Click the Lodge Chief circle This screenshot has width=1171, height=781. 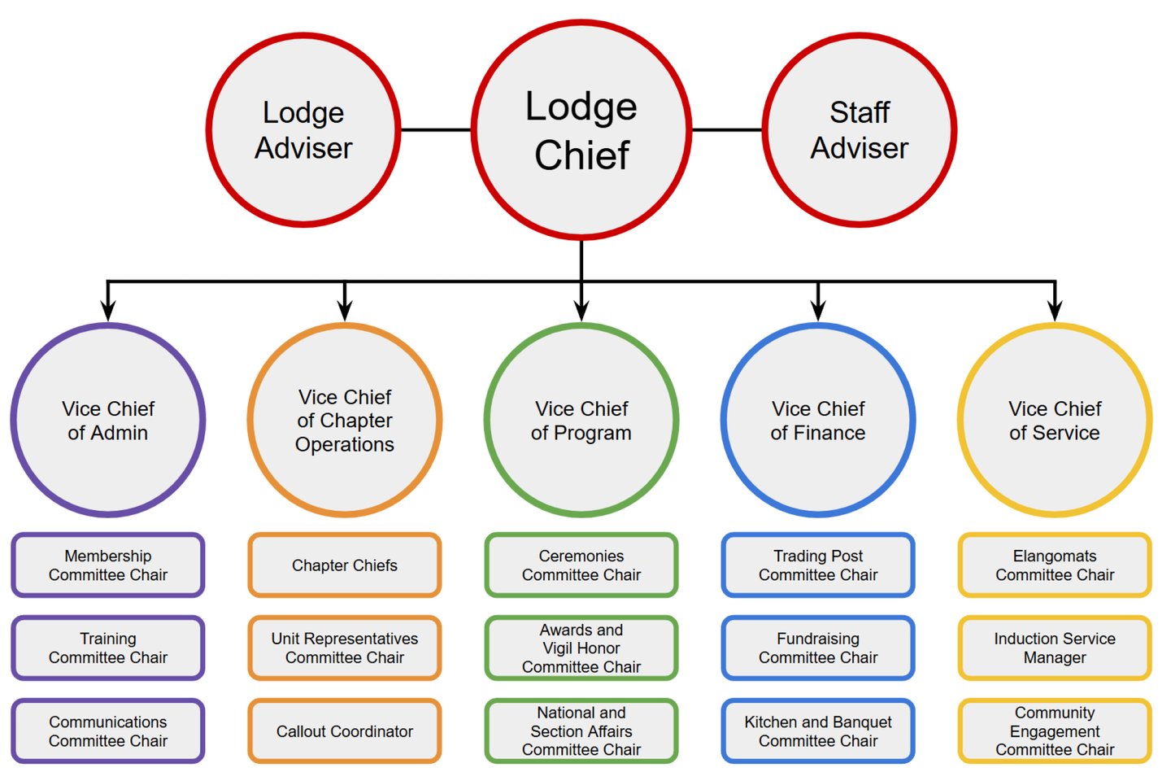pyautogui.click(x=581, y=130)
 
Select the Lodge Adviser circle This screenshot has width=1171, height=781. pyautogui.click(x=303, y=130)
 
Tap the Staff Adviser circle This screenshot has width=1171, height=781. pyautogui.click(x=860, y=130)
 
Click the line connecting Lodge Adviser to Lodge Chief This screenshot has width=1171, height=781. pyautogui.click(x=436, y=129)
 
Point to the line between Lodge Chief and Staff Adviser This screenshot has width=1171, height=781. pyautogui.click(x=726, y=129)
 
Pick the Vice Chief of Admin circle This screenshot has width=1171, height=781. pyautogui.click(x=108, y=420)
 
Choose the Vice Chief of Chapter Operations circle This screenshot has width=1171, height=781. pyautogui.click(x=345, y=420)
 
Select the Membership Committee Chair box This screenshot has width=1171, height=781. pyautogui.click(x=108, y=565)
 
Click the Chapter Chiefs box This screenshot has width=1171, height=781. pyautogui.click(x=345, y=565)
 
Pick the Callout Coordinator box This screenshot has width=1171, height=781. pyautogui.click(x=345, y=731)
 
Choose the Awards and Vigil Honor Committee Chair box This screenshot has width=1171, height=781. pyautogui.click(x=581, y=648)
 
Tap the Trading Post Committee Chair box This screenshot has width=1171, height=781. pyautogui.click(x=818, y=565)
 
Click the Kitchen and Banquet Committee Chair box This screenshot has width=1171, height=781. pyautogui.click(x=818, y=731)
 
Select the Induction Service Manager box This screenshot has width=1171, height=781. pyautogui.click(x=1055, y=648)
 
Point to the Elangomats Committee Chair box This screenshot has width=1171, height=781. pyautogui.click(x=1055, y=565)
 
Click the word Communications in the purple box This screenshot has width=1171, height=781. pyautogui.click(x=108, y=722)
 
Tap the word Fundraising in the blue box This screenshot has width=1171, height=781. pyautogui.click(x=818, y=639)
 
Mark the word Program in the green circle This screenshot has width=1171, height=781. pyautogui.click(x=593, y=434)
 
